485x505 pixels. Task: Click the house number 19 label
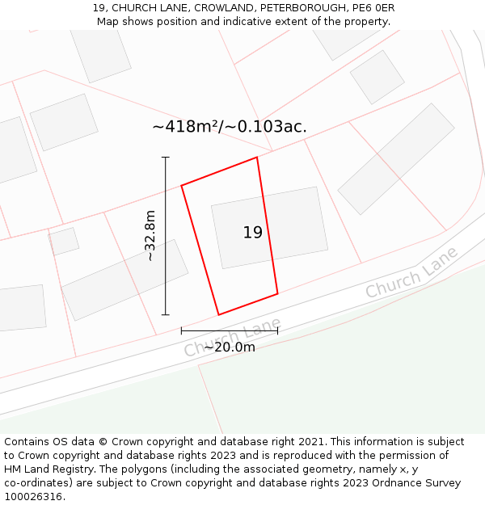coord(252,233)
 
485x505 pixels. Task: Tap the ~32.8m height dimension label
coord(150,236)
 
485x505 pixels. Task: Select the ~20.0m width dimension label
coord(229,347)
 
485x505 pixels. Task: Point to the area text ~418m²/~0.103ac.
coord(230,127)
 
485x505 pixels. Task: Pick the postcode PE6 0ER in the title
coord(373,8)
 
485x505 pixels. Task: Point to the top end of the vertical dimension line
coord(166,158)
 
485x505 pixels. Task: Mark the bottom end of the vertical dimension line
coord(166,314)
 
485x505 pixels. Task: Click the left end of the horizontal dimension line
coord(181,330)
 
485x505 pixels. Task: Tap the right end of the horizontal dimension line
coord(277,330)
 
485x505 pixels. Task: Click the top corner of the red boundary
coord(257,157)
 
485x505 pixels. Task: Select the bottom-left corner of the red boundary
coord(218,314)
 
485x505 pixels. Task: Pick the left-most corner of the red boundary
coord(181,186)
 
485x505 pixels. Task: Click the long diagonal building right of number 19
coord(396,158)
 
